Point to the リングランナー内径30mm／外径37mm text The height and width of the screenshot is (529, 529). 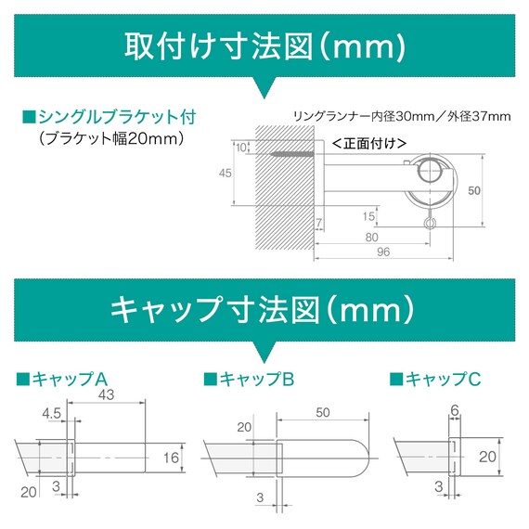[x=401, y=116]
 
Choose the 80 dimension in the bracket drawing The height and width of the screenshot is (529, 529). [x=371, y=236]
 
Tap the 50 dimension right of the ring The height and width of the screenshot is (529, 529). [x=474, y=190]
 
